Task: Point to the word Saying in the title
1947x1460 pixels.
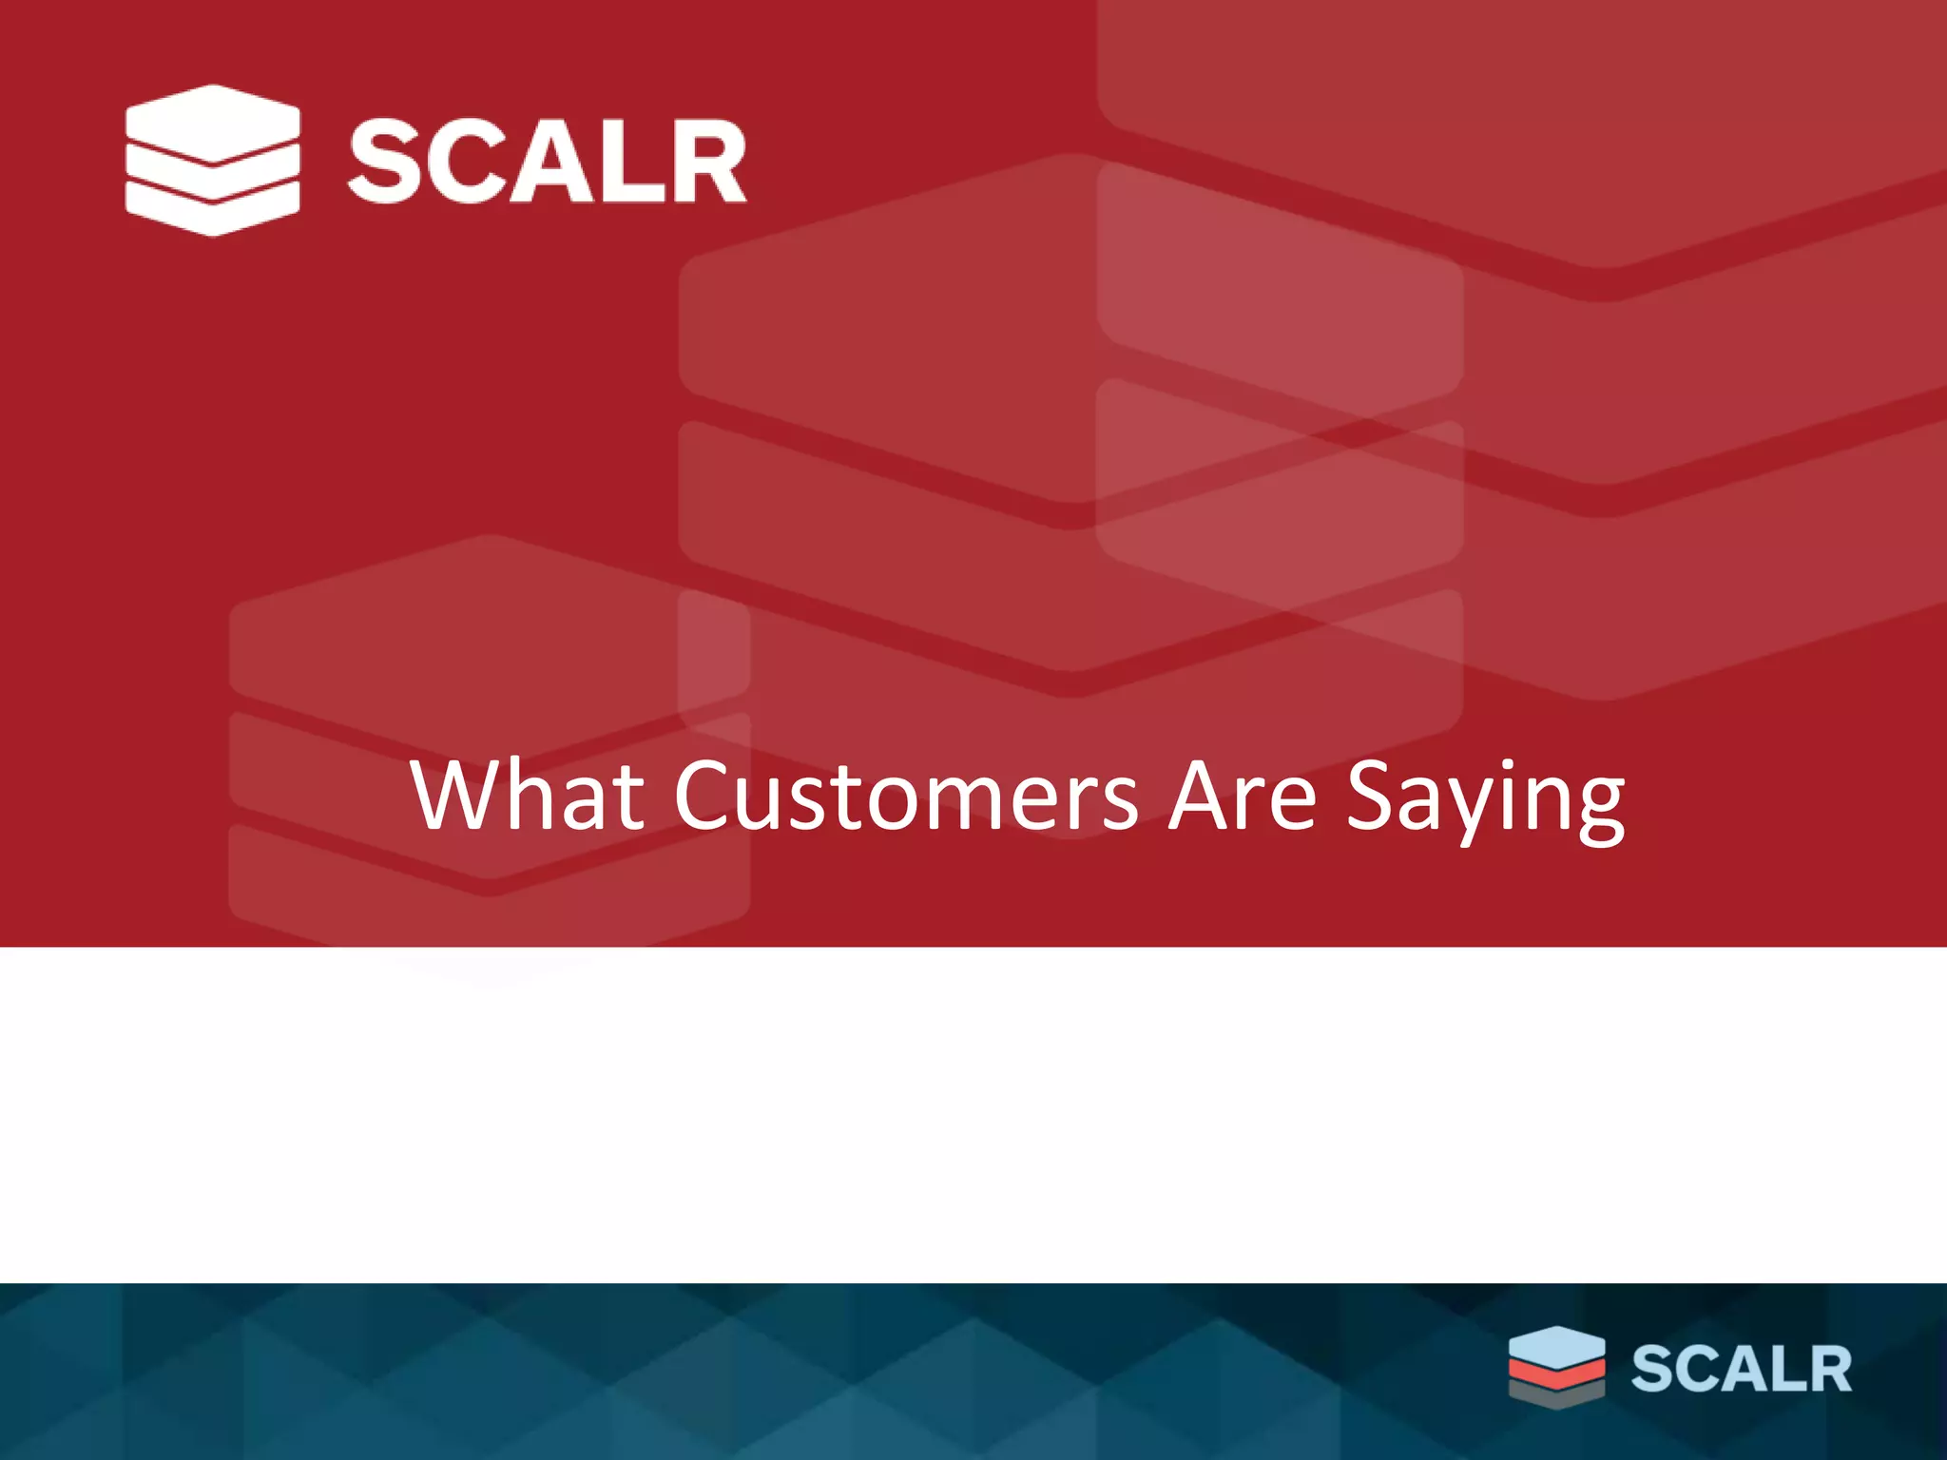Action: click(1486, 798)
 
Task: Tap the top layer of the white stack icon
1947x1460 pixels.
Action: click(213, 122)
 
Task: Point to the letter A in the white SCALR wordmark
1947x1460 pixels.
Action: click(549, 162)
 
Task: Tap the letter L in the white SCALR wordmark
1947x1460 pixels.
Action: click(630, 162)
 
